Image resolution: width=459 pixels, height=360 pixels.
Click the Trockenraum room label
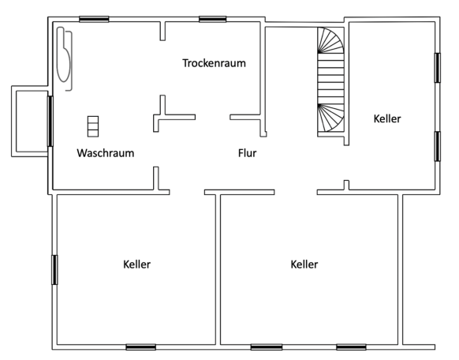click(x=214, y=63)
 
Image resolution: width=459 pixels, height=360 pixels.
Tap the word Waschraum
click(x=106, y=153)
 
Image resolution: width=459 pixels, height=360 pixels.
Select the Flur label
click(x=248, y=153)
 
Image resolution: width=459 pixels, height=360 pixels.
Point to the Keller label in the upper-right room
click(x=387, y=118)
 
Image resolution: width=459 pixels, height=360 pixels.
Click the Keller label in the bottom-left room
click(x=136, y=264)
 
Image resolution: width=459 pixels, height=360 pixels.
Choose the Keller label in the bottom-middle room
click(x=304, y=264)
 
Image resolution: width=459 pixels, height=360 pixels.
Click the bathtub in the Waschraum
click(x=65, y=58)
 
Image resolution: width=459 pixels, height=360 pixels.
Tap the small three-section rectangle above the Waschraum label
click(x=93, y=126)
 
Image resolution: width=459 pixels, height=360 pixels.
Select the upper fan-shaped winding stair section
click(x=330, y=40)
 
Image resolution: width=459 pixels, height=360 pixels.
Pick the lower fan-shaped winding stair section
click(x=330, y=118)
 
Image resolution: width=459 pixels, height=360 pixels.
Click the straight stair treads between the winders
click(x=330, y=78)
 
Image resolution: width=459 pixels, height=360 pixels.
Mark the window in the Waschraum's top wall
click(x=94, y=19)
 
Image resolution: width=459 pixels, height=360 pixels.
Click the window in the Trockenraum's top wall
click(x=212, y=19)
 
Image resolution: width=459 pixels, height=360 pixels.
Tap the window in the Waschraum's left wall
click(x=50, y=121)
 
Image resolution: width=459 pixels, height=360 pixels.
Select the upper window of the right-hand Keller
click(x=438, y=68)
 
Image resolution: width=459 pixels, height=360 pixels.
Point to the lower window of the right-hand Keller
click(x=438, y=147)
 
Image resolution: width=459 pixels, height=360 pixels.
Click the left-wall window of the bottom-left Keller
click(x=54, y=270)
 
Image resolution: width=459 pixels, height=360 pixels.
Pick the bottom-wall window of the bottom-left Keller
click(x=141, y=347)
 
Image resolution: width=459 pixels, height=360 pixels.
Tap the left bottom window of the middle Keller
click(x=267, y=347)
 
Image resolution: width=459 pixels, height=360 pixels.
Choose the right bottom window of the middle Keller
click(x=351, y=347)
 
